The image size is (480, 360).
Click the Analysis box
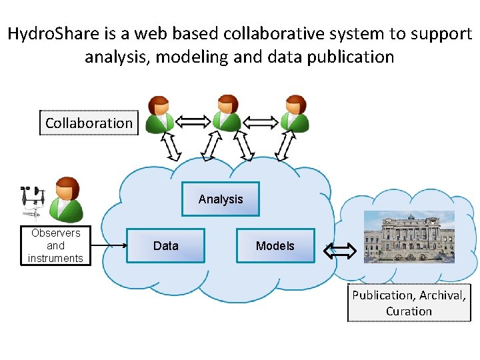click(221, 199)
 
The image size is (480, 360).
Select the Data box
click(166, 246)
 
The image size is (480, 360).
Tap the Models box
click(275, 246)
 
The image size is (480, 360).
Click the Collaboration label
click(89, 123)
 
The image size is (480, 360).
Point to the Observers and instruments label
click(56, 246)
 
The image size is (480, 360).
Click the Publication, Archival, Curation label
click(409, 303)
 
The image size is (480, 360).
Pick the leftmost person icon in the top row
click(160, 114)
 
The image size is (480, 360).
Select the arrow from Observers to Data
click(109, 245)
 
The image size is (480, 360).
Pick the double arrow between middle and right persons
click(261, 121)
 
